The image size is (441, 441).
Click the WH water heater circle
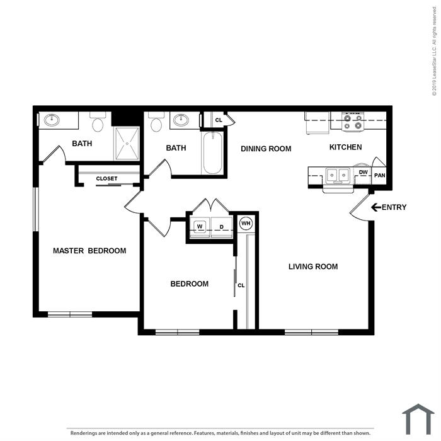(x=246, y=223)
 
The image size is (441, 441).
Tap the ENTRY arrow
(x=376, y=207)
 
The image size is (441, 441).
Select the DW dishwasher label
(x=363, y=172)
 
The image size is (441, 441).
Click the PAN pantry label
(x=379, y=175)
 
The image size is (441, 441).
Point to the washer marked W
(x=200, y=226)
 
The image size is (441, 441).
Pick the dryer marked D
(x=222, y=227)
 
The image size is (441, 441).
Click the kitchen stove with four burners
(x=353, y=122)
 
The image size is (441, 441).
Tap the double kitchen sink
(x=338, y=176)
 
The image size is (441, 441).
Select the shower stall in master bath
(x=127, y=144)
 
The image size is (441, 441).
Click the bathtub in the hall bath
(x=213, y=152)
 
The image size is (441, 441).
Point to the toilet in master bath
(x=98, y=122)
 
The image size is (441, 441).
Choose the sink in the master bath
(x=52, y=120)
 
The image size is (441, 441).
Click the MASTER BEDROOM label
(x=89, y=251)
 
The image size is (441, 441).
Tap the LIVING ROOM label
(x=313, y=266)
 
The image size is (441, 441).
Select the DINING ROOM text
(x=266, y=149)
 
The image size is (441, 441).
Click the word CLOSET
(x=106, y=178)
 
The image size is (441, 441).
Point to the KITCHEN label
(x=345, y=147)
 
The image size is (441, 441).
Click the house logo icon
(x=418, y=419)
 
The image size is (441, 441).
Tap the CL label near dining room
(x=219, y=120)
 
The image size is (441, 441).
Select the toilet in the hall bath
(x=156, y=122)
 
